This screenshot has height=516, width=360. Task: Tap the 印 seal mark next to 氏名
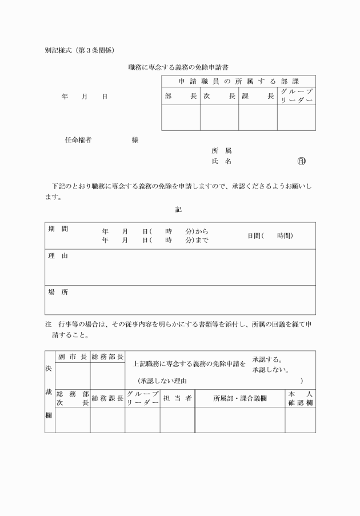[301, 162]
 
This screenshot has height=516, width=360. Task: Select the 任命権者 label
[78, 140]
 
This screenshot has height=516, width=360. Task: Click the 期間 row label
[58, 229]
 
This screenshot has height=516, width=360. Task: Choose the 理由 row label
[58, 256]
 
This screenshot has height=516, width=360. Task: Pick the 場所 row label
[58, 292]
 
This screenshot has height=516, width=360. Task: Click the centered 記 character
[179, 210]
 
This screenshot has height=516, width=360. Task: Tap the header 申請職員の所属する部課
[238, 81]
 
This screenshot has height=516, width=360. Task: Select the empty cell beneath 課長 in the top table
[258, 118]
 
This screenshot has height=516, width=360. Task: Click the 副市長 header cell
[72, 357]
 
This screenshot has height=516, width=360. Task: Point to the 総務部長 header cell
[107, 357]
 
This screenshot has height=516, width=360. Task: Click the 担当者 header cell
[177, 398]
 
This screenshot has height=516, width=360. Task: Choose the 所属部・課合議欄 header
[240, 398]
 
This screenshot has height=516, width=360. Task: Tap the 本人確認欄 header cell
[301, 398]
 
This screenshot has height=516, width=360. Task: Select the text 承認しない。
[270, 370]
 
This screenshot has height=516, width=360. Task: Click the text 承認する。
[267, 360]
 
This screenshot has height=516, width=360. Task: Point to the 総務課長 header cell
[107, 398]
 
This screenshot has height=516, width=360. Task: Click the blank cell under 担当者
[177, 420]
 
